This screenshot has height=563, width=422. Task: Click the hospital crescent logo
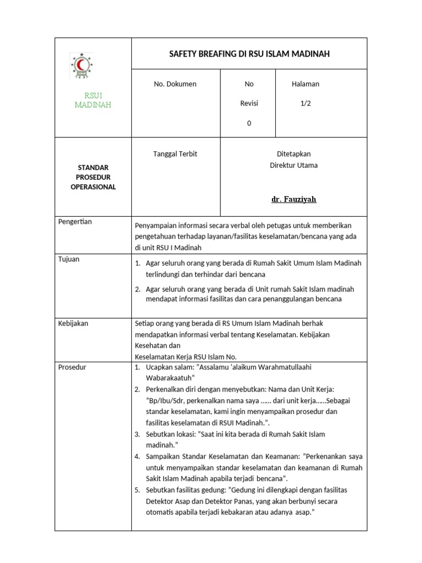click(x=81, y=66)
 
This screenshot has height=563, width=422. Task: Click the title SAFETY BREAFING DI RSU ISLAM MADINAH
click(x=249, y=53)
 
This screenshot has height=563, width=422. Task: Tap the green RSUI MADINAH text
click(x=93, y=100)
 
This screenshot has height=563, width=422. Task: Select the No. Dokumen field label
click(x=175, y=84)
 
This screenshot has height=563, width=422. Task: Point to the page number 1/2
click(x=305, y=103)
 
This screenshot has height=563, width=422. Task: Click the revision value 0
click(x=249, y=123)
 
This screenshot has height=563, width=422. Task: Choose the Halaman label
click(x=305, y=84)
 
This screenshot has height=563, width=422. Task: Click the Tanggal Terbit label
click(x=175, y=154)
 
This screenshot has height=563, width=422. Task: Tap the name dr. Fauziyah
click(x=293, y=199)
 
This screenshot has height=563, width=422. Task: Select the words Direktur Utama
click(x=293, y=165)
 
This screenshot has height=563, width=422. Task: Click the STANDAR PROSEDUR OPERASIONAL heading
click(x=93, y=176)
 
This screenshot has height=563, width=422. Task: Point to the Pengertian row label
click(x=75, y=222)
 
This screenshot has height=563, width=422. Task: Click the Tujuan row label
click(x=69, y=259)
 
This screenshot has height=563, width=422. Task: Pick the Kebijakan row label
click(x=73, y=323)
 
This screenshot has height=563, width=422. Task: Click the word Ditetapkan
click(x=293, y=154)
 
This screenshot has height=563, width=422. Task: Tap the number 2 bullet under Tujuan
click(x=137, y=289)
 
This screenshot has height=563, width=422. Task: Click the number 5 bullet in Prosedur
click(x=137, y=490)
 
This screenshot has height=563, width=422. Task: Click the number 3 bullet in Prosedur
click(x=137, y=434)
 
